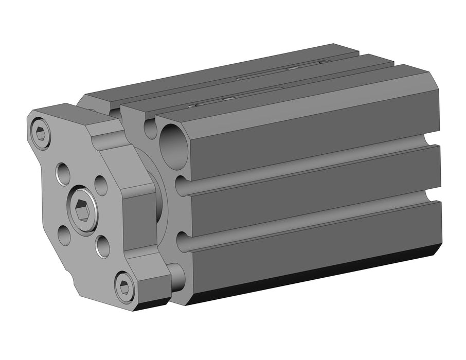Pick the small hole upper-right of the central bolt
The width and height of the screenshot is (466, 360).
[101, 185]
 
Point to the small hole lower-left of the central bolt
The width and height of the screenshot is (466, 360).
[64, 236]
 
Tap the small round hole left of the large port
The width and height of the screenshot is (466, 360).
[150, 129]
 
